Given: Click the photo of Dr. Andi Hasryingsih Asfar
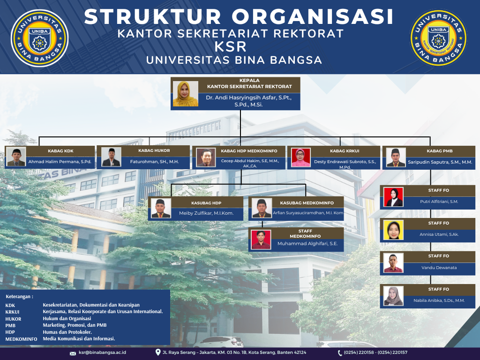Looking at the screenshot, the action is click(x=186, y=94).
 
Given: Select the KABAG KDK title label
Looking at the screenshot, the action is click(x=60, y=151).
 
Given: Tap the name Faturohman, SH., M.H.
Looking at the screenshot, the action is click(x=154, y=162).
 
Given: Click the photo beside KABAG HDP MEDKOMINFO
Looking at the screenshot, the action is click(x=206, y=157).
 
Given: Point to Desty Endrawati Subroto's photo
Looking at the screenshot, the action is click(x=300, y=157).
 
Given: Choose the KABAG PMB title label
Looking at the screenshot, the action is click(x=440, y=151).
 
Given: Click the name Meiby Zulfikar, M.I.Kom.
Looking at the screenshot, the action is click(x=206, y=213).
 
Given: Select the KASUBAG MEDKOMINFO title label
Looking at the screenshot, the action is click(x=307, y=203).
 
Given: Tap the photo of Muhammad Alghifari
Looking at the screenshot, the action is click(x=261, y=240).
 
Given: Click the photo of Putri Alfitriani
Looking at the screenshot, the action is click(x=393, y=197).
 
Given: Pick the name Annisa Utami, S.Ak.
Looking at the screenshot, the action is click(x=439, y=234).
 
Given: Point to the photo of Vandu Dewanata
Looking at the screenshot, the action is click(x=393, y=263).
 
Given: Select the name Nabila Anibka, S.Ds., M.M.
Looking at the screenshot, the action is click(x=439, y=300).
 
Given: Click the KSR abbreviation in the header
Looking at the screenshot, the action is click(x=231, y=47).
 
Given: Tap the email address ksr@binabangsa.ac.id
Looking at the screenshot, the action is click(x=102, y=352).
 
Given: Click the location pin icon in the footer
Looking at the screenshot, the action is click(x=158, y=352).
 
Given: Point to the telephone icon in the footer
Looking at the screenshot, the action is click(x=340, y=353).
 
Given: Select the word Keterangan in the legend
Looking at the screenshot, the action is click(x=18, y=297).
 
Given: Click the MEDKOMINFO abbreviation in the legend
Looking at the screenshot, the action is click(x=21, y=339).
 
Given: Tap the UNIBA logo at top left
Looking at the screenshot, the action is click(x=39, y=38).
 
